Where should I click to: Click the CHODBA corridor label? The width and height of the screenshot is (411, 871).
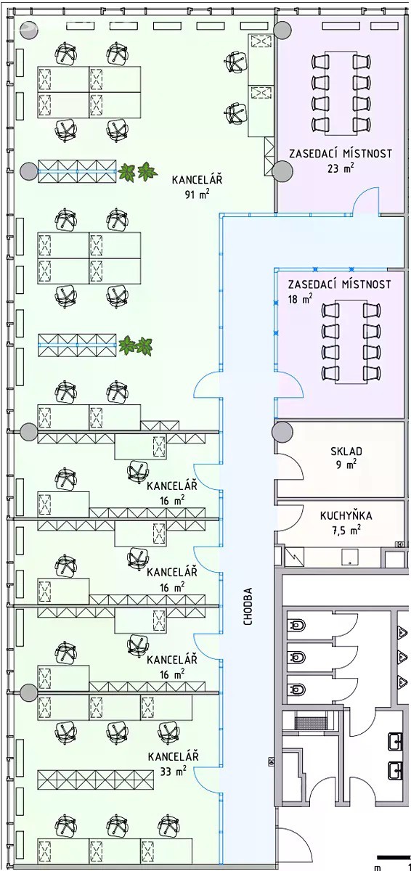click(x=248, y=606)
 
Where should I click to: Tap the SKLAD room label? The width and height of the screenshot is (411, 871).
click(x=346, y=451)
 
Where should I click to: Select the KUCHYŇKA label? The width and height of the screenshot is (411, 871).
click(x=346, y=515)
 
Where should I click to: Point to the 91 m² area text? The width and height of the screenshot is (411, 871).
click(x=197, y=194)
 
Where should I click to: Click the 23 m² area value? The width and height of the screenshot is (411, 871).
click(x=341, y=168)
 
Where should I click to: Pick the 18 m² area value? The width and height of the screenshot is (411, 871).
click(x=300, y=298)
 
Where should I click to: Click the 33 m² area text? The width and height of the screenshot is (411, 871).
click(x=173, y=771)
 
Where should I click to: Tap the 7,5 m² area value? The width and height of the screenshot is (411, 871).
click(x=346, y=530)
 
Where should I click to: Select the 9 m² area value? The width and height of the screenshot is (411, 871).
click(x=346, y=465)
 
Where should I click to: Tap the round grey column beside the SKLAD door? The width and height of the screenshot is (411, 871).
click(x=282, y=432)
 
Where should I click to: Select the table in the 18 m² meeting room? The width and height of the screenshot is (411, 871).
click(x=351, y=341)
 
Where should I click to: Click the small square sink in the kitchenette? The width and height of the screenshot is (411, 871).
click(x=350, y=557)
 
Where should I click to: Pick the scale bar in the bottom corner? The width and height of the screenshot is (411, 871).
click(x=394, y=856)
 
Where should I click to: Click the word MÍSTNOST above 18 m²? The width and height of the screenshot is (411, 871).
click(x=366, y=285)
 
